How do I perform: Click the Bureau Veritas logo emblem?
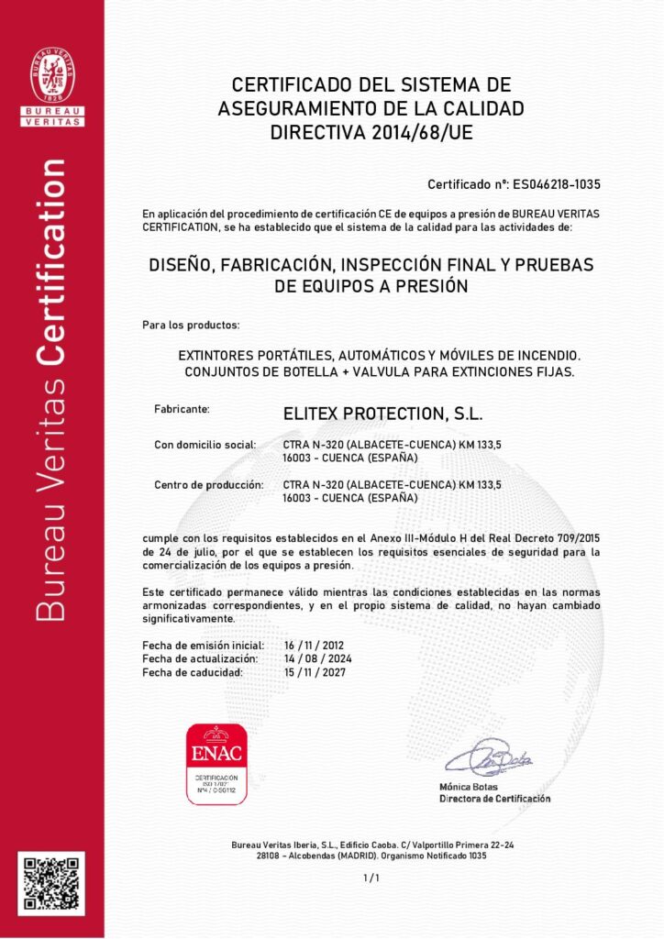pos(52,75)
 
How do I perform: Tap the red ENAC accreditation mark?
pos(216,763)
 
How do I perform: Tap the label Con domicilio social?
pos(205,445)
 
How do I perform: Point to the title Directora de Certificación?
pos(495,799)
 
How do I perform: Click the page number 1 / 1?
pos(371,878)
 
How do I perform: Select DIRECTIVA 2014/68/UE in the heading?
pos(371,132)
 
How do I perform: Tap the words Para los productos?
pos(191,326)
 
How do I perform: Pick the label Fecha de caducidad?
pos(193,672)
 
